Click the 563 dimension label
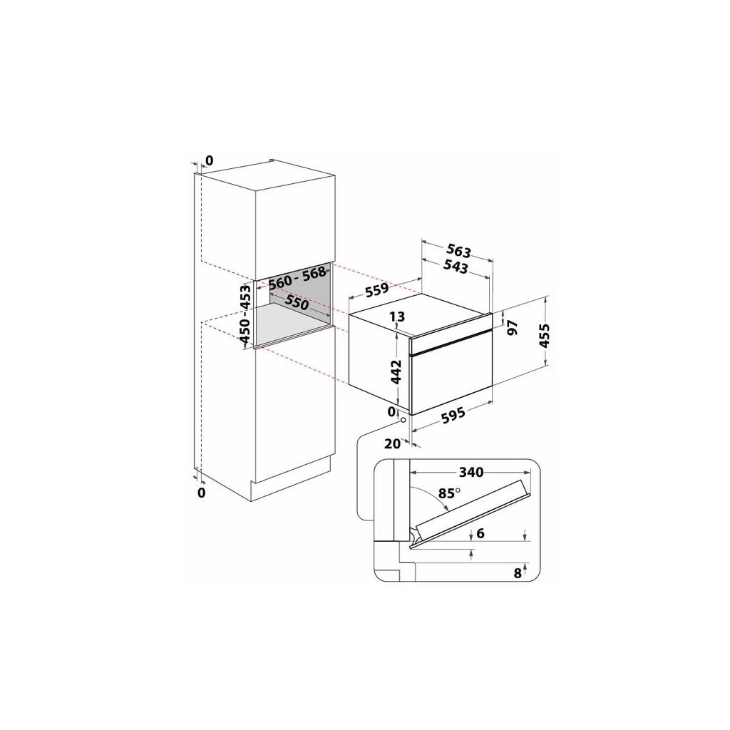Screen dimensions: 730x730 coord(458,251)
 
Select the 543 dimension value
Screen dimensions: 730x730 coord(456,267)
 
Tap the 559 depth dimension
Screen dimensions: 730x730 coord(376,289)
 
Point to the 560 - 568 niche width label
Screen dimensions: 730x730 coord(297,277)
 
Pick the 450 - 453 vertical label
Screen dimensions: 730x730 coord(245,314)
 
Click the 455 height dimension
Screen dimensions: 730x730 coord(544,336)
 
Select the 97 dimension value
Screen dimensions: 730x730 coord(512,327)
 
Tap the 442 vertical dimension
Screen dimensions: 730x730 coord(396,371)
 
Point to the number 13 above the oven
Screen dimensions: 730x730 coord(398,317)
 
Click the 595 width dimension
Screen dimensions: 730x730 coord(453,414)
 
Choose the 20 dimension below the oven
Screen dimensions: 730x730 coord(392,443)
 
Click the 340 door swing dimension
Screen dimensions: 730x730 coord(471,472)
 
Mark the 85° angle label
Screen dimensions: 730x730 coord(449,493)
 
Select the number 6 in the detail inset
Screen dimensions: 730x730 coord(480,533)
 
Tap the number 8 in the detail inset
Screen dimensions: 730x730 coord(518,573)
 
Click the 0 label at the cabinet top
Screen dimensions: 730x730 coord(209,160)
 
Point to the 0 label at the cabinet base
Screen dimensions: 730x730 coord(201,492)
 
